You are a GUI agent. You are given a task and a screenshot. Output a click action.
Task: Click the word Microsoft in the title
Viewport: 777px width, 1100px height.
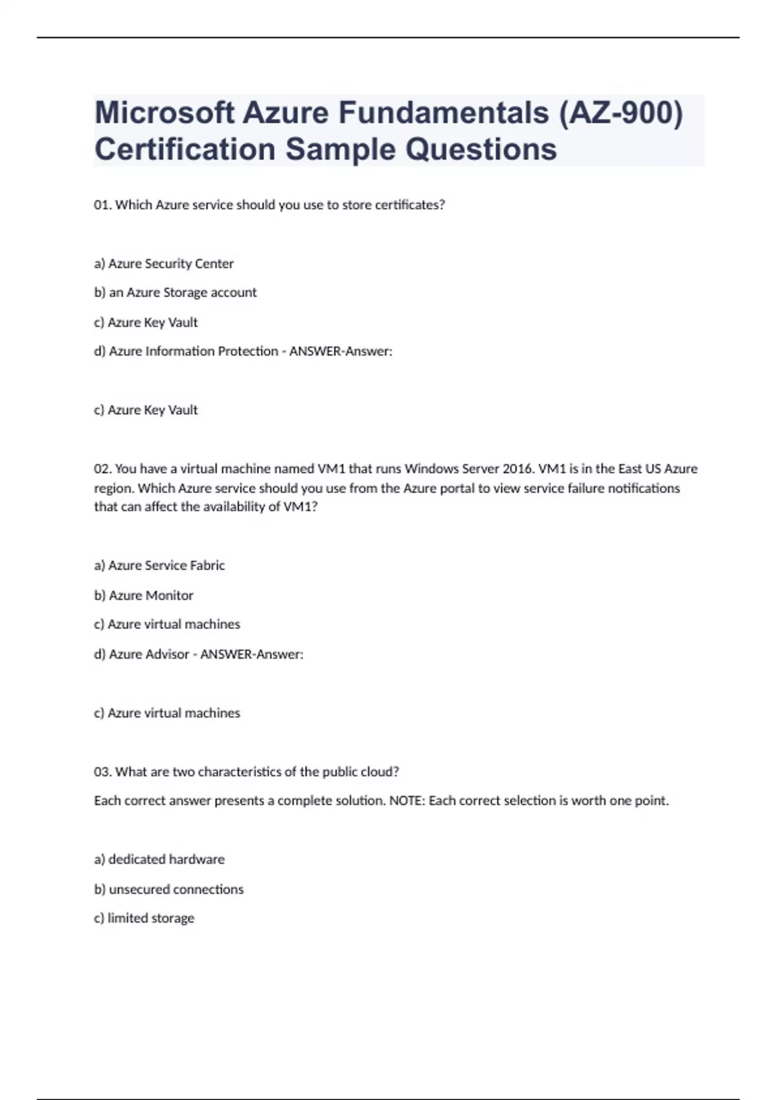coord(164,113)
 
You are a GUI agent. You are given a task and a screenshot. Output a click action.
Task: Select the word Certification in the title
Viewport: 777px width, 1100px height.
coord(185,149)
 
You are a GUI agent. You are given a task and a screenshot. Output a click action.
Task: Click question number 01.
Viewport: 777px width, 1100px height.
coord(102,205)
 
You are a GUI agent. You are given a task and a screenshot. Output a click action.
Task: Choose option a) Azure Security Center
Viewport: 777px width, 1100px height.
coord(164,263)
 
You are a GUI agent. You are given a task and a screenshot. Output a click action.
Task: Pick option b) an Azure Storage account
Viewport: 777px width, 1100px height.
coord(175,292)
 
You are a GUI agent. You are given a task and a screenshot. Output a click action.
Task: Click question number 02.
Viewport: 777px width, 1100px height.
coord(102,468)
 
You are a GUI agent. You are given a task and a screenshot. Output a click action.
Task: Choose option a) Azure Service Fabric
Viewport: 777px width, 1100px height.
coord(159,566)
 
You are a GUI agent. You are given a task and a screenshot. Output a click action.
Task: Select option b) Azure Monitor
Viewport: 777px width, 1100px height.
coord(144,595)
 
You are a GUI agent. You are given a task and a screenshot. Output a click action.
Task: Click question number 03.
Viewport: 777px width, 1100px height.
coord(102,772)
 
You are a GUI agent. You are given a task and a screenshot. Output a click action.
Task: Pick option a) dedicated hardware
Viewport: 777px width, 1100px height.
coord(159,859)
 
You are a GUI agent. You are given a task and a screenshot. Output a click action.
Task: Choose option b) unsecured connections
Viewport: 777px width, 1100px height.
coord(169,889)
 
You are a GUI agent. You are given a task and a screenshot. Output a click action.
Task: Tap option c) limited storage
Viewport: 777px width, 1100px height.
coord(144,918)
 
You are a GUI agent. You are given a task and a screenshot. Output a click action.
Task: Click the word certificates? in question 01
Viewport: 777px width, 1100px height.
coord(410,205)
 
